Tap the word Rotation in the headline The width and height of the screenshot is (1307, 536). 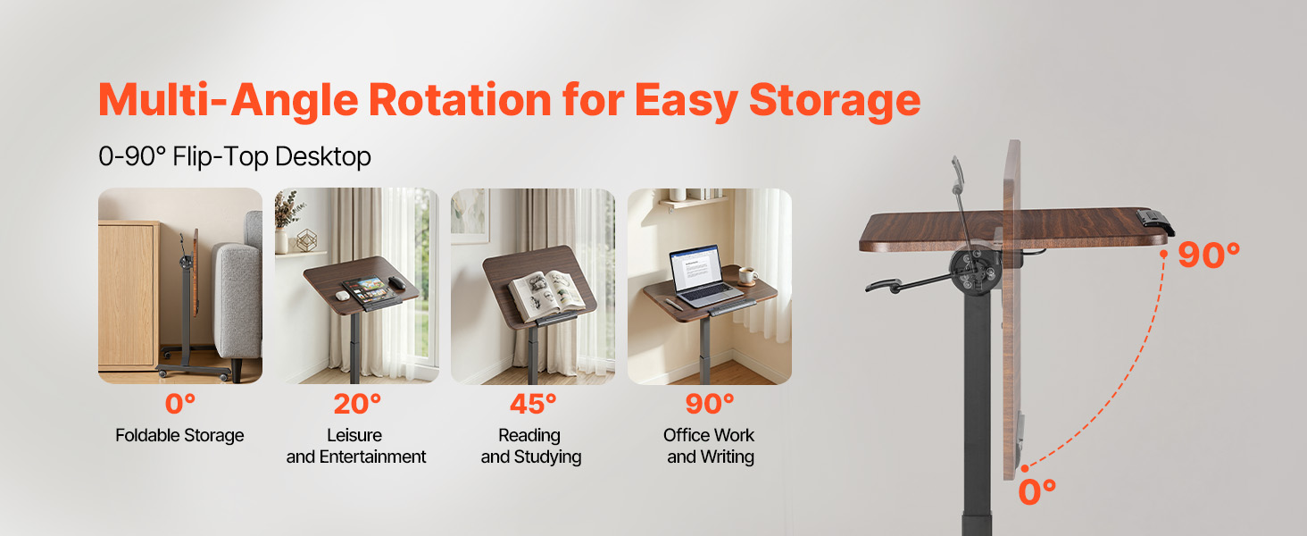pyautogui.click(x=460, y=100)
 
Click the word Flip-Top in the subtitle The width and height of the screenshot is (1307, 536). pyautogui.click(x=221, y=156)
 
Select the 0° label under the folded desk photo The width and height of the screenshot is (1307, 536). pyautogui.click(x=179, y=404)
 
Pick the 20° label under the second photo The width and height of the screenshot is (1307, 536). pyautogui.click(x=357, y=404)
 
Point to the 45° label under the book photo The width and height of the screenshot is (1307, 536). pyautogui.click(x=533, y=404)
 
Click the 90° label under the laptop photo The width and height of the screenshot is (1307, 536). pyautogui.click(x=710, y=404)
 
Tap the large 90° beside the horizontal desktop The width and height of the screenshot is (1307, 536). pyautogui.click(x=1209, y=255)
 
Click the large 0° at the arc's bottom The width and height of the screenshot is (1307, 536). pyautogui.click(x=1036, y=492)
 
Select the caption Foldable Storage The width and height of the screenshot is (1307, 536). pyautogui.click(x=179, y=436)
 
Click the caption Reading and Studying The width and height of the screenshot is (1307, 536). pyautogui.click(x=531, y=446)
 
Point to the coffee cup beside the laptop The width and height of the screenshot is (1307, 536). pyautogui.click(x=748, y=275)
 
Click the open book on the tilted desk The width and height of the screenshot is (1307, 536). pyautogui.click(x=546, y=295)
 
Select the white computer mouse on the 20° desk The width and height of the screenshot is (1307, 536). pyautogui.click(x=343, y=296)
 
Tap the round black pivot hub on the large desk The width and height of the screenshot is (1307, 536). pyautogui.click(x=975, y=270)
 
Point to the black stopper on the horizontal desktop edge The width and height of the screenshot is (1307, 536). pyautogui.click(x=1155, y=222)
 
